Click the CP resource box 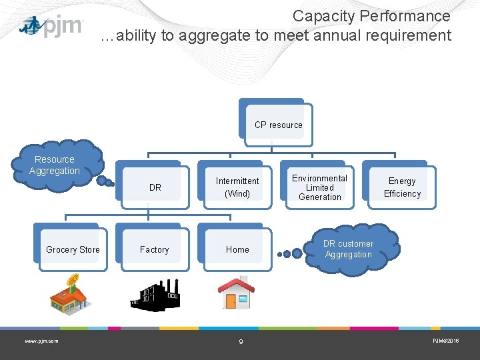278,125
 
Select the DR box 155,187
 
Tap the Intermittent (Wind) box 237,187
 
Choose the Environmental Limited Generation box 319,187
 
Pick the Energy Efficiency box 402,187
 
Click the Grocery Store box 73,249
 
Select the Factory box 155,249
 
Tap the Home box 237,249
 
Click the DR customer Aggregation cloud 349,249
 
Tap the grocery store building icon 69,294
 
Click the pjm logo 52,27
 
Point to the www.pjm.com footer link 41,341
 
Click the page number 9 241,342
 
